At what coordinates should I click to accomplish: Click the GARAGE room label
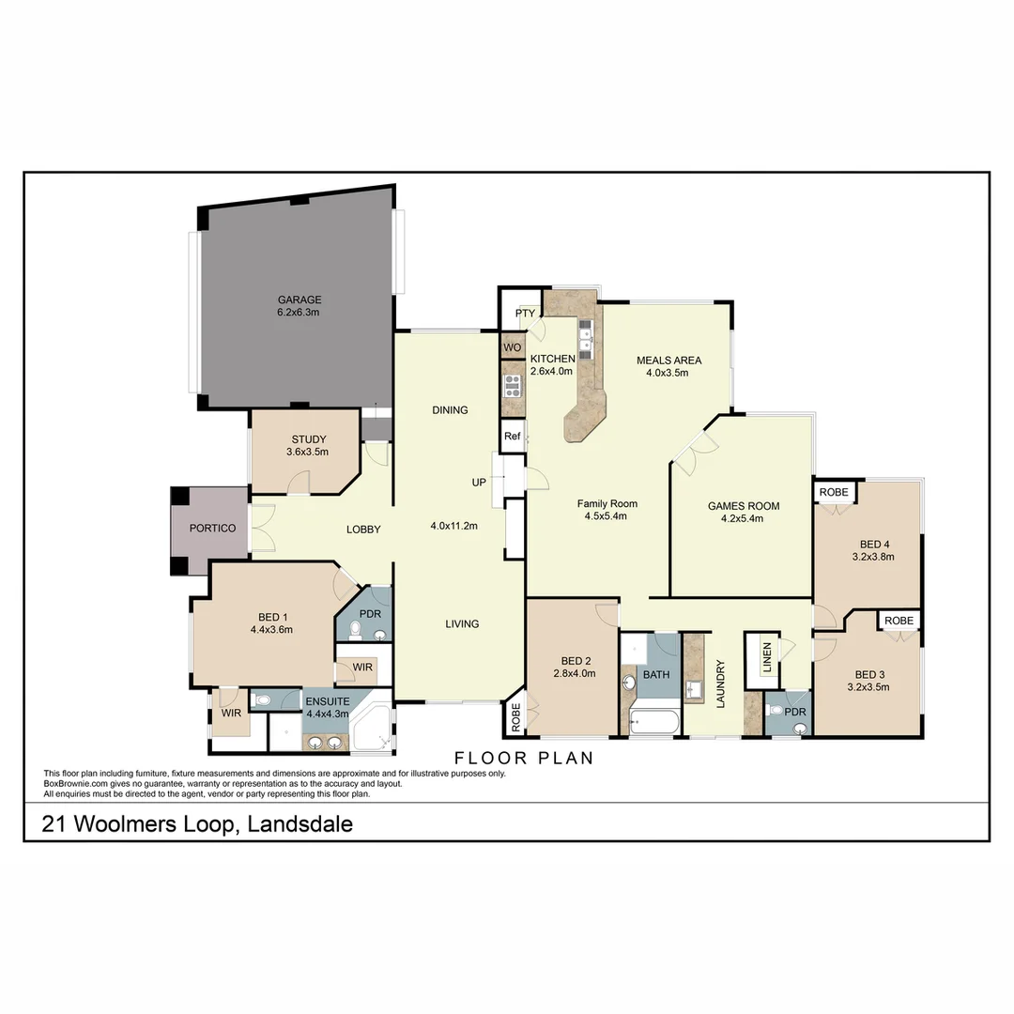(299, 300)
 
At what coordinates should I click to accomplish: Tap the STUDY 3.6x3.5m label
(308, 445)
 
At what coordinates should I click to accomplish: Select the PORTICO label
(212, 529)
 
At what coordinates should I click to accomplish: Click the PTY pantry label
(524, 313)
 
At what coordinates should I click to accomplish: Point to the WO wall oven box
(513, 348)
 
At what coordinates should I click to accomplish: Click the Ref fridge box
(512, 437)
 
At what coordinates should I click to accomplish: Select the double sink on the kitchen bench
(585, 338)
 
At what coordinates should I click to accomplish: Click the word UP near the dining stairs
(479, 483)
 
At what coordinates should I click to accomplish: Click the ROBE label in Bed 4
(833, 493)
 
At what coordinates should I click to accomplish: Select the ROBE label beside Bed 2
(515, 717)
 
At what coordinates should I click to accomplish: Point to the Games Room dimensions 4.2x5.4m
(743, 518)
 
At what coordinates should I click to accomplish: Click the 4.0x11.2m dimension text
(453, 526)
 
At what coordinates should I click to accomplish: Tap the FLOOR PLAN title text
(524, 758)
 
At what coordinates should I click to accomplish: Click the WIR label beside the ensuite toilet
(230, 714)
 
